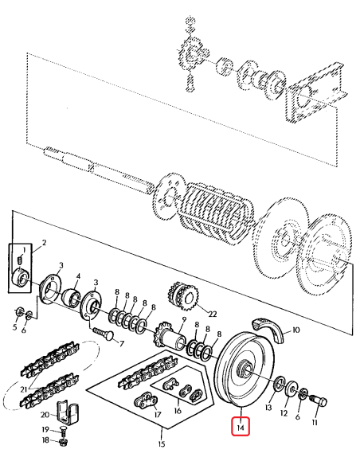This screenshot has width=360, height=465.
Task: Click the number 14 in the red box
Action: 241,427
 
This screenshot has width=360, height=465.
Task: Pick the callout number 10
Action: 296,328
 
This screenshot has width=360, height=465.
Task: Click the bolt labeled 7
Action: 101,329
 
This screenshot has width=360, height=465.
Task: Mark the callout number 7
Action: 121,344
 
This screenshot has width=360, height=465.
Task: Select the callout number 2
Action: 44,242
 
